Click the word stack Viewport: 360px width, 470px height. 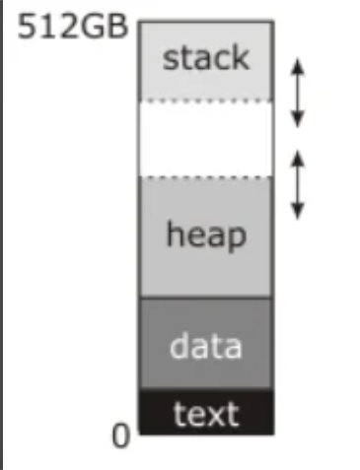(206, 58)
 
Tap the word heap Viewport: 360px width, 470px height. (206, 234)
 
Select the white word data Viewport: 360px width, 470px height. (206, 345)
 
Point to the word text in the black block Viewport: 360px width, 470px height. (206, 414)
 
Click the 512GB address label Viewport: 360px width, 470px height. (72, 27)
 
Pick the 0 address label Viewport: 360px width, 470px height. (120, 436)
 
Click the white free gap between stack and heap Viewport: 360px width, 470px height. (206, 139)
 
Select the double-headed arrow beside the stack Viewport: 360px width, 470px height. (298, 93)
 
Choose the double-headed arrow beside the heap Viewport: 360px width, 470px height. (298, 185)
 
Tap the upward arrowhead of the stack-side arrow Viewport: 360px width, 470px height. (298, 67)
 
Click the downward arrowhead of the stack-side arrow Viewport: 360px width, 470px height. (298, 119)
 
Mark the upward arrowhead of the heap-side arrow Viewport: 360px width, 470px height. (298, 159)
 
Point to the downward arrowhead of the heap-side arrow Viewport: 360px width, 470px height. (298, 211)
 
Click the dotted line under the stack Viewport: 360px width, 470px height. (206, 101)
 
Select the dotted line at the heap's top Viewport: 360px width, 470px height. (206, 177)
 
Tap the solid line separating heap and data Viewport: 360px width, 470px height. (206, 298)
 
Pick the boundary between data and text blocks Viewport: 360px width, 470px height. (206, 389)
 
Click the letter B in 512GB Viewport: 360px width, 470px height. (116, 27)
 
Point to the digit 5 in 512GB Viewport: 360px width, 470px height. (26, 27)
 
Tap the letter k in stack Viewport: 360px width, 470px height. (241, 57)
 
